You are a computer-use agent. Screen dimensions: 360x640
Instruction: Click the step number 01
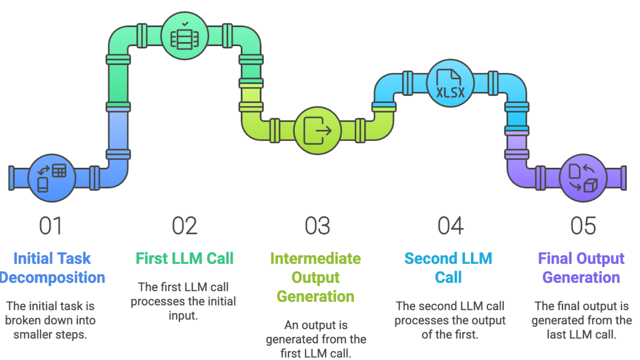click(51, 226)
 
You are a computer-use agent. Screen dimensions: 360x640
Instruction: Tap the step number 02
click(185, 226)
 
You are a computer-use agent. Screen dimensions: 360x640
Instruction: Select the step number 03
click(317, 226)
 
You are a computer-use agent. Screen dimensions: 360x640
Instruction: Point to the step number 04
click(450, 226)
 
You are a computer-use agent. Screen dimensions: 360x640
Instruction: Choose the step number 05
click(583, 226)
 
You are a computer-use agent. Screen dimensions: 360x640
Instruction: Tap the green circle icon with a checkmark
click(185, 38)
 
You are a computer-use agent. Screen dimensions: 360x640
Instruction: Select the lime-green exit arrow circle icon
click(317, 131)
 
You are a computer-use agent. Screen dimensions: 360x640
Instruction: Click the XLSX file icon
click(450, 84)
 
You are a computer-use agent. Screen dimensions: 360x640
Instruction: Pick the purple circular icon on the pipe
click(583, 178)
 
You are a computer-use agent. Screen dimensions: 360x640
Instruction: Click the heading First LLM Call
click(185, 258)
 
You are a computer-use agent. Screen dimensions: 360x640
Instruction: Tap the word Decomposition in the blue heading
click(52, 277)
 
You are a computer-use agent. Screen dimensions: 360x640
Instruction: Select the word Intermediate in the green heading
click(315, 258)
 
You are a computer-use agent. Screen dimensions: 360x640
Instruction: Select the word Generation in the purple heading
click(581, 277)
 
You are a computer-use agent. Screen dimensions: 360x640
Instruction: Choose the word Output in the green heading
click(315, 277)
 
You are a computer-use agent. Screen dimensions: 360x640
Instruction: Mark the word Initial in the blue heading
click(33, 258)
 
